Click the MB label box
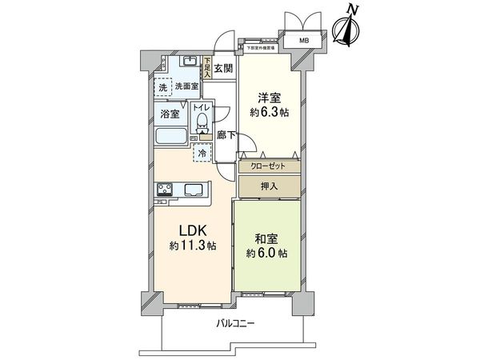[304, 41]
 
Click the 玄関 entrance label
[224, 68]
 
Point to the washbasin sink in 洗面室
[189, 63]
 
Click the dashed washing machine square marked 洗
[163, 86]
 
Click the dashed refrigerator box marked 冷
[202, 152]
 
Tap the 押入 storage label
[270, 186]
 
